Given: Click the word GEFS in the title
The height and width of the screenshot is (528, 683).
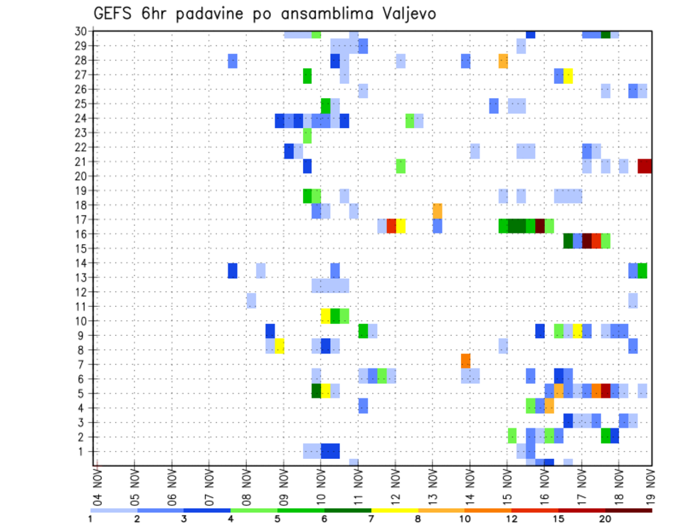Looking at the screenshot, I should click(x=113, y=14).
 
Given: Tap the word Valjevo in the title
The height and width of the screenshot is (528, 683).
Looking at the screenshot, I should click(x=408, y=14).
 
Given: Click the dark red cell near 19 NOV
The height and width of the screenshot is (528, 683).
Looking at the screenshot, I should click(x=645, y=166).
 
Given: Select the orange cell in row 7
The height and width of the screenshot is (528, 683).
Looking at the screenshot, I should click(x=466, y=361).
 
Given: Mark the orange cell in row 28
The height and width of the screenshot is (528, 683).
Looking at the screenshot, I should click(x=503, y=61).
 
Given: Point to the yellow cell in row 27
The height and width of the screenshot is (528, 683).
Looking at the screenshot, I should click(x=568, y=75).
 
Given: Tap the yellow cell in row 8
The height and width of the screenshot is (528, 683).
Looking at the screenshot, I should click(x=280, y=346).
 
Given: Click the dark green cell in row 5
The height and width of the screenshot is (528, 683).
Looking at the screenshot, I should click(x=317, y=390).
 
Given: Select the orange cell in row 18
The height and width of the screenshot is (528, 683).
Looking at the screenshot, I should click(x=438, y=211).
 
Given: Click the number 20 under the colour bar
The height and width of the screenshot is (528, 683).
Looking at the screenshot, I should click(x=605, y=518).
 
